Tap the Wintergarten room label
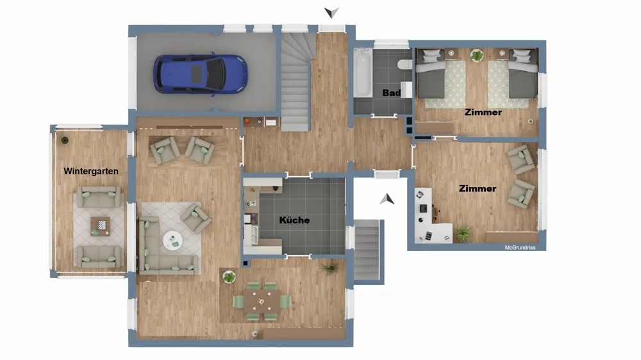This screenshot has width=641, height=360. point(91,171)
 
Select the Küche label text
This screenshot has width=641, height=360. point(294,220)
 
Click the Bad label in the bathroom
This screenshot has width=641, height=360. point(391,93)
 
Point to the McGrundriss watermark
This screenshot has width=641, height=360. point(520,248)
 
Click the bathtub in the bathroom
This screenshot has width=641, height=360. point(363,73)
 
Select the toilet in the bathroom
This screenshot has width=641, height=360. point(404,64)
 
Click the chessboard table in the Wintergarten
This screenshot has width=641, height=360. point(100,226)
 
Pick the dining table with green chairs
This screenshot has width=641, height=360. point(262,302)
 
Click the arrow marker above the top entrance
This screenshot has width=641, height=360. point(331,12)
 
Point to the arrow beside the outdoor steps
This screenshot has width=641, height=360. point(387,199)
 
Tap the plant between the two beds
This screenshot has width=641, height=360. point(477,55)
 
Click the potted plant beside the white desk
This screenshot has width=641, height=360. point(462,233)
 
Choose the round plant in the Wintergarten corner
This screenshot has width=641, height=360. point(64,140)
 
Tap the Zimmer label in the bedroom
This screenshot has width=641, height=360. point(483,112)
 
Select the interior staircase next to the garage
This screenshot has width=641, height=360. point(295,82)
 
